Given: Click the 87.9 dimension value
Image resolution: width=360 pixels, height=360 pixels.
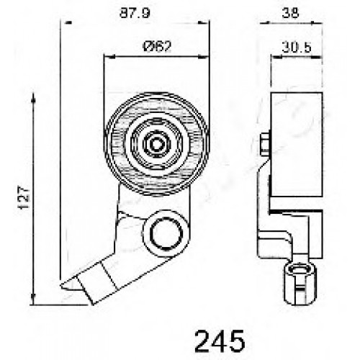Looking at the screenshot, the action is click(x=135, y=13).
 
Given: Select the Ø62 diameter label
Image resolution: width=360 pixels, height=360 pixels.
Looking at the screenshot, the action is click(x=157, y=46).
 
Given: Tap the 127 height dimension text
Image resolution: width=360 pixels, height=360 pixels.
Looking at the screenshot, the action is click(x=24, y=198).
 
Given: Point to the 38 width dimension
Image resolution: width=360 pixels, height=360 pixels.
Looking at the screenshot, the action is click(x=290, y=13).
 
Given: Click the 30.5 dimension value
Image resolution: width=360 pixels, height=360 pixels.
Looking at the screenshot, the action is click(x=297, y=48).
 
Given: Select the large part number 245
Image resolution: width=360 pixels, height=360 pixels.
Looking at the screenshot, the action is click(x=220, y=341).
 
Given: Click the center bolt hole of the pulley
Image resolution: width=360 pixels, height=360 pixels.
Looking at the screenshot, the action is click(x=156, y=144).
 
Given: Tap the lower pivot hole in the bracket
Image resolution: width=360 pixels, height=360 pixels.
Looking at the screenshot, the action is click(x=166, y=233).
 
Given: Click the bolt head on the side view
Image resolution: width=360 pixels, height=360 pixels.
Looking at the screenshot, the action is click(x=265, y=145).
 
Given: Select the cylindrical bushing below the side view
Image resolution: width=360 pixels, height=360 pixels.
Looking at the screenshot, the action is click(x=300, y=284).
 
